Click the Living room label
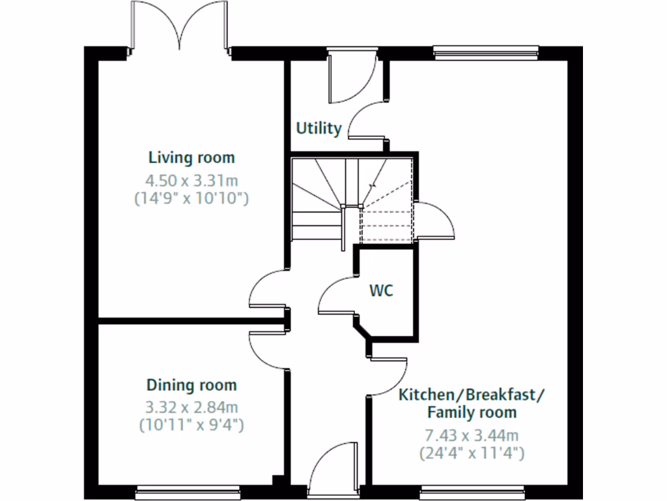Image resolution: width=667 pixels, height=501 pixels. click(x=192, y=158)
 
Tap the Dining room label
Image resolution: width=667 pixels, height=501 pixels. click(x=192, y=385)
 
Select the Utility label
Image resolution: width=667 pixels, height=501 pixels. click(x=319, y=128)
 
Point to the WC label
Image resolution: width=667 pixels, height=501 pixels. click(x=382, y=291)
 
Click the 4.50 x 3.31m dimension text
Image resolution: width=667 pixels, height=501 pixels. click(x=192, y=179)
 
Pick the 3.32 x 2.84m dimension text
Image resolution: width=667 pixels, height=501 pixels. click(x=192, y=408)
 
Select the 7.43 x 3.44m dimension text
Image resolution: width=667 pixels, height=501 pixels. click(x=472, y=435)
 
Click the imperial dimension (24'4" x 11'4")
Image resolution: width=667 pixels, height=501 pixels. click(x=472, y=452)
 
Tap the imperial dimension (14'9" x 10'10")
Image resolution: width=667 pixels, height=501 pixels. click(x=192, y=198)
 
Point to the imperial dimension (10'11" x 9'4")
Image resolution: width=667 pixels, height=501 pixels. click(x=192, y=425)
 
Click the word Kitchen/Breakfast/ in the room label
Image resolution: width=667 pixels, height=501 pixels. click(x=472, y=395)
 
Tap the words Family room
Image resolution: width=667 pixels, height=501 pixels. click(x=472, y=412)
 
